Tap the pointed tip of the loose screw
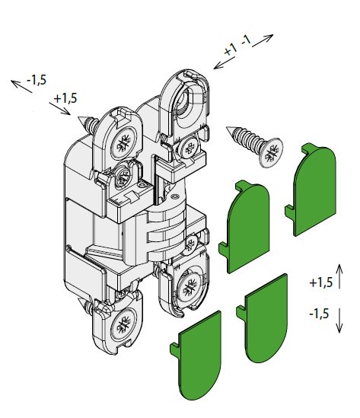[227, 128]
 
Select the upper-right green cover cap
[311, 190]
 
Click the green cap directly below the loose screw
[244, 227]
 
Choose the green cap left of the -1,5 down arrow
[263, 317]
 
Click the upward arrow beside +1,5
[339, 276]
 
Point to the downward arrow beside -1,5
[339, 321]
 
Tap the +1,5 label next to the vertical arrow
[321, 282]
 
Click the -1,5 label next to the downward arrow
[319, 314]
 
